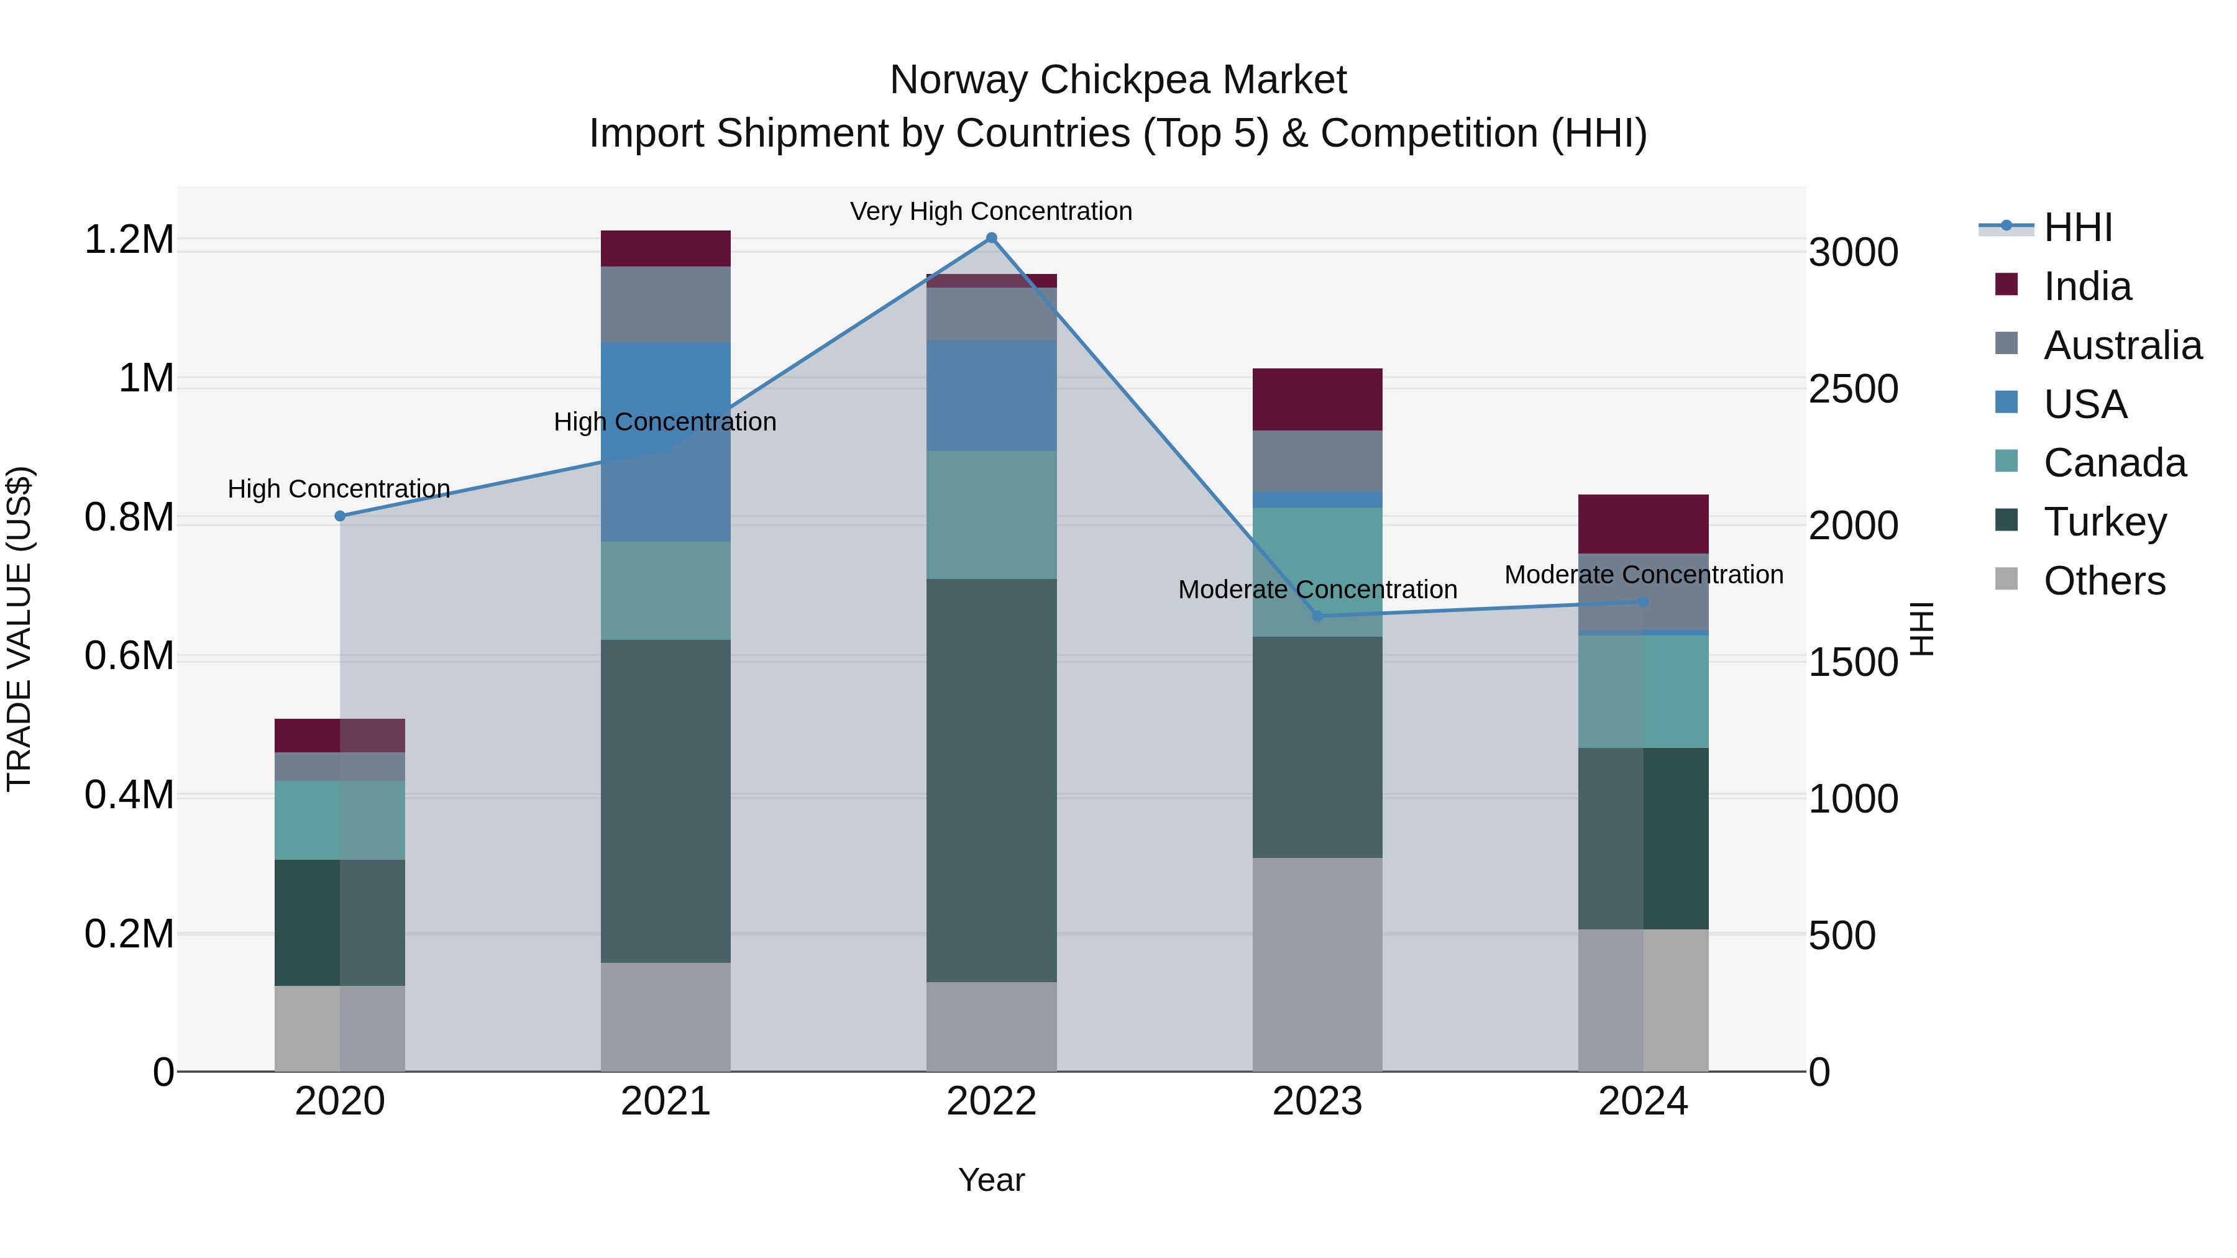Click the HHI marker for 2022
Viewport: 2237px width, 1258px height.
click(x=991, y=238)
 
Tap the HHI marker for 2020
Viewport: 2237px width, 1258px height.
click(x=339, y=516)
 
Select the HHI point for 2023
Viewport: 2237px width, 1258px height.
click(x=1317, y=616)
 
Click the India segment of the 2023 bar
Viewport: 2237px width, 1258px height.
click(x=1317, y=399)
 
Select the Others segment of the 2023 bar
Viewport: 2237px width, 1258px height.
click(x=1317, y=964)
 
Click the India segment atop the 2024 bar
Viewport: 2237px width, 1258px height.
click(x=1643, y=524)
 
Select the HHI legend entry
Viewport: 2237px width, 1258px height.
click(x=2077, y=227)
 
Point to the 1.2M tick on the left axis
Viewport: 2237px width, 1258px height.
click(x=129, y=240)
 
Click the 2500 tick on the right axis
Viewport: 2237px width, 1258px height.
click(x=1853, y=390)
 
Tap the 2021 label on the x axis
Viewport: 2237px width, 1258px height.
click(x=665, y=1101)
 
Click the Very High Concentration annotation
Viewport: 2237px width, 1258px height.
click(x=991, y=211)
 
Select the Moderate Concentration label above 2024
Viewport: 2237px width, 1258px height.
click(x=1643, y=575)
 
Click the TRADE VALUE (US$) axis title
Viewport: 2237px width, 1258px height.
click(x=20, y=629)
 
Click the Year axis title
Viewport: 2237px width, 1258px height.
click(x=991, y=1180)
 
